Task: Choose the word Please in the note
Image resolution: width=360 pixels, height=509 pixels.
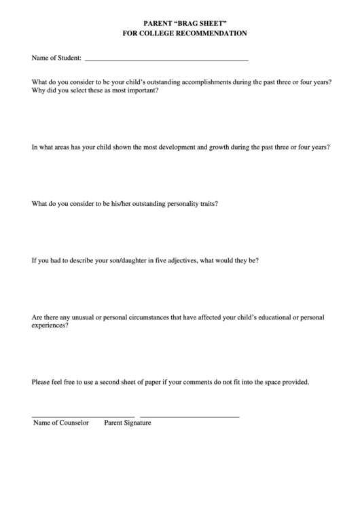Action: tap(41, 382)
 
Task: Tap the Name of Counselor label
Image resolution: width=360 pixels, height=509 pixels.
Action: tap(61, 423)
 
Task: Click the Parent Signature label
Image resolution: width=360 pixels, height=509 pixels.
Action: tap(128, 423)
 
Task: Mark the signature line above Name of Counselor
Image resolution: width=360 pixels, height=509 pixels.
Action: tap(83, 417)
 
